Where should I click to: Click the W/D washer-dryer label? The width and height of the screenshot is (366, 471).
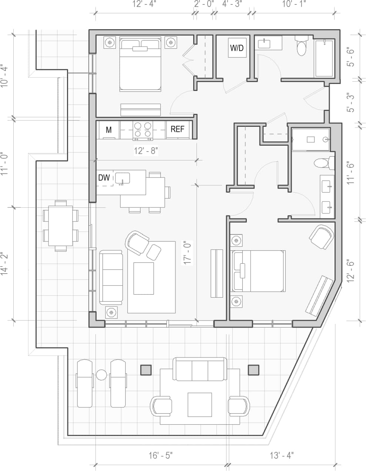coord(237,48)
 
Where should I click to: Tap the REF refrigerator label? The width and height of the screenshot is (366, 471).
coord(177,129)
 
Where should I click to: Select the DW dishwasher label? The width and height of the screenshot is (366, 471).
coord(104,178)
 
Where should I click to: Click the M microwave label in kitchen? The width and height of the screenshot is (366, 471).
coord(109,130)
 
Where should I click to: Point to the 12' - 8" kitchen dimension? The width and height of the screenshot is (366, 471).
coord(146,151)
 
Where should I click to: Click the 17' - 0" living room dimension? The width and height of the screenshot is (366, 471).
coord(188,253)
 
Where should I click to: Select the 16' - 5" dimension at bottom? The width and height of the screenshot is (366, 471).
coord(161,455)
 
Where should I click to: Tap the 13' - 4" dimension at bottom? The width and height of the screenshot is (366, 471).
coord(282,455)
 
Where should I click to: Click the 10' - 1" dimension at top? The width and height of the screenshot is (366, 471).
coord(294,4)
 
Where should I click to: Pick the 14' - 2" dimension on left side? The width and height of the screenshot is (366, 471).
coord(4,264)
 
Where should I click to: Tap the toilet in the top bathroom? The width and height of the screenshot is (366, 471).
coord(302,46)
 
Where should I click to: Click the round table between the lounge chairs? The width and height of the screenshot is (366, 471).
coord(101,375)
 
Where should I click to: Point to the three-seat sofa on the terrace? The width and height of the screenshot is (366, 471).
coord(200,369)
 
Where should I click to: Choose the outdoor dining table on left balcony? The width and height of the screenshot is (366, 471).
coord(60,225)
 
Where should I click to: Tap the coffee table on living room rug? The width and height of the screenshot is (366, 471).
coord(144,278)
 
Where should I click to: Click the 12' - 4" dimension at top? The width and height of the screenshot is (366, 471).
coord(144,4)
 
